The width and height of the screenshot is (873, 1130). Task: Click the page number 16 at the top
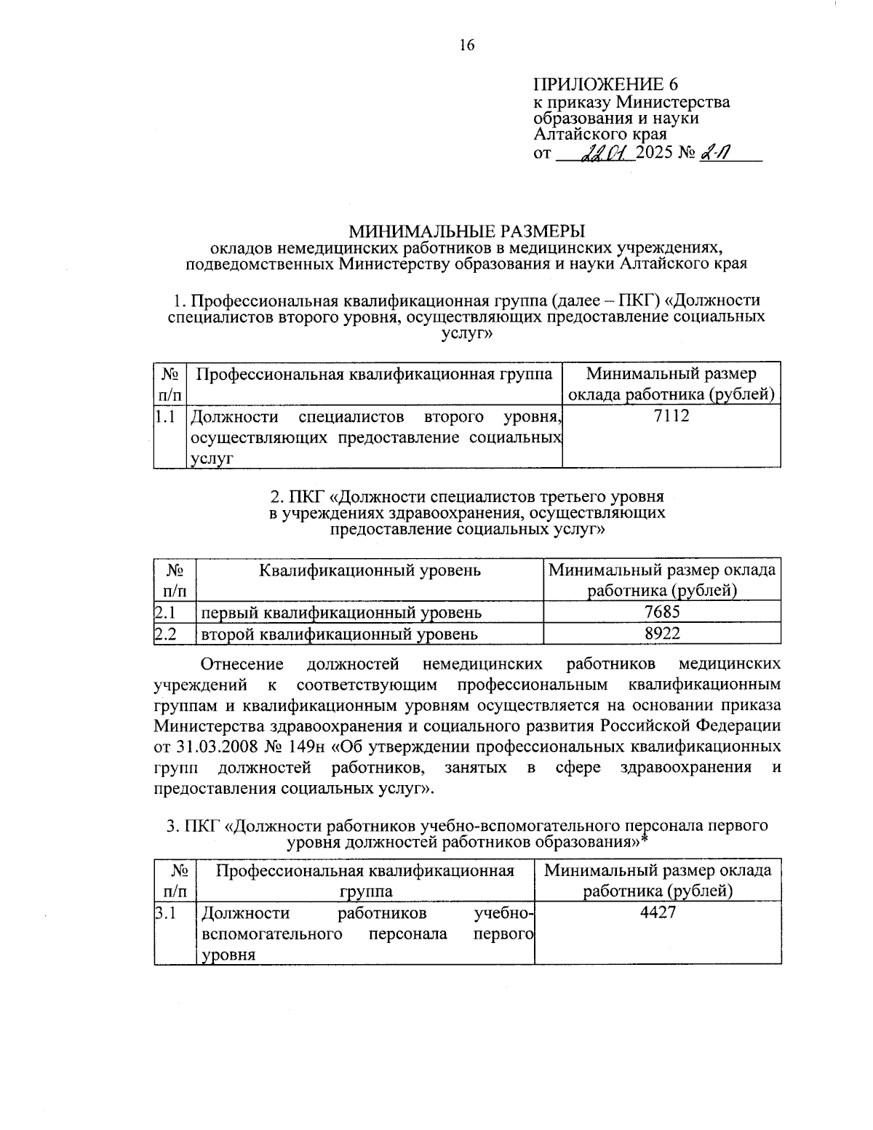466,45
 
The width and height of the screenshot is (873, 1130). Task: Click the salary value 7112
671,416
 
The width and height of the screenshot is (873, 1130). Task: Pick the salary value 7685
662,612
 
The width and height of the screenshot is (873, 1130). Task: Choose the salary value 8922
662,633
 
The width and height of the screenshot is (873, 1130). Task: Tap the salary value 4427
658,912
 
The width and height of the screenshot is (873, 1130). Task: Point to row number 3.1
166,912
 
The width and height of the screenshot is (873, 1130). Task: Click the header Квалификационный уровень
370,570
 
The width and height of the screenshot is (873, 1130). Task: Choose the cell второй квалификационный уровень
339,634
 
